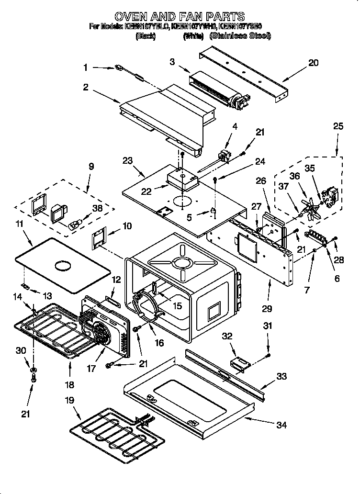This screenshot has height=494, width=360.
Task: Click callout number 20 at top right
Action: pyautogui.click(x=313, y=63)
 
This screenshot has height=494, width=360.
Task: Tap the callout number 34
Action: pyautogui.click(x=282, y=425)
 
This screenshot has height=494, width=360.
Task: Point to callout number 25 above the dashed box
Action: pyautogui.click(x=338, y=126)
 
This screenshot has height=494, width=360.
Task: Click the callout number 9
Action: pyautogui.click(x=91, y=167)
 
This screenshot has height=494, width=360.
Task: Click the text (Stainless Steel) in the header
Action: pyautogui.click(x=241, y=36)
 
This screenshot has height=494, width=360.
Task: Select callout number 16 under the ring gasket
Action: pyautogui.click(x=159, y=343)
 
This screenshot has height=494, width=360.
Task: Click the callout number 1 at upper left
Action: pyautogui.click(x=86, y=68)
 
